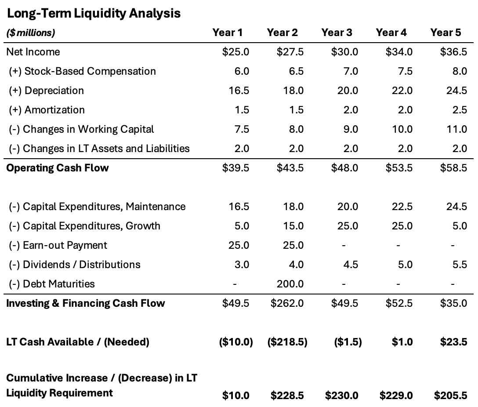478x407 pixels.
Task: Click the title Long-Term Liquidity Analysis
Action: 93,13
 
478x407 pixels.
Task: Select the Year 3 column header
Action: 337,33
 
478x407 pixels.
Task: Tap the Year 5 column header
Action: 445,33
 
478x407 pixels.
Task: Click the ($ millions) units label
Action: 31,33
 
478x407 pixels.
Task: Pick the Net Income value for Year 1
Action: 236,52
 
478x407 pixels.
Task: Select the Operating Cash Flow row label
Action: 57,168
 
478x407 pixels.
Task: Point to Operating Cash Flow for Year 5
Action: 454,168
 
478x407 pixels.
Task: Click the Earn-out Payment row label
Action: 58,245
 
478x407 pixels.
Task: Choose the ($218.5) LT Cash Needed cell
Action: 287,342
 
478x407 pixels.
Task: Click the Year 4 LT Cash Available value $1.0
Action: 402,342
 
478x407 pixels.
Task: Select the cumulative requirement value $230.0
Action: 341,396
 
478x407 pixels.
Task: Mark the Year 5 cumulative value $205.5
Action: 450,396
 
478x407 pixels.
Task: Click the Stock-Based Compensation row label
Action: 82,71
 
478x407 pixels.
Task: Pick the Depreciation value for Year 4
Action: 403,91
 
